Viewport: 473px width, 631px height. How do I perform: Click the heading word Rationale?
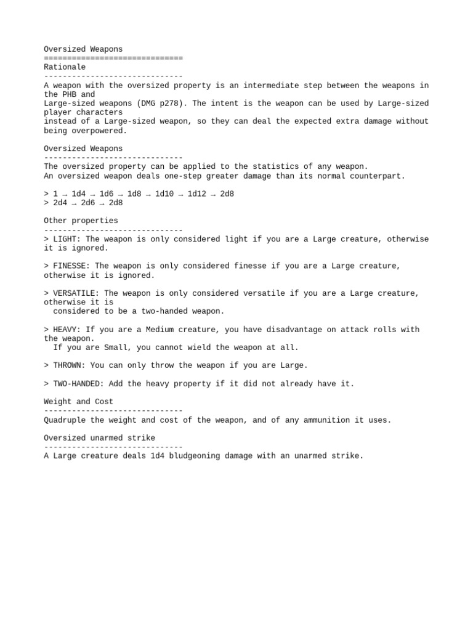point(65,67)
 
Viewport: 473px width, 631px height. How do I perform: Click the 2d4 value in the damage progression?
point(60,203)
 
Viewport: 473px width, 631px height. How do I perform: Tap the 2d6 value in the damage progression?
point(87,203)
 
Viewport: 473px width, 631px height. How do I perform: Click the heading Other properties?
point(81,221)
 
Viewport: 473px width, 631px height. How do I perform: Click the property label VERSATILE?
point(76,293)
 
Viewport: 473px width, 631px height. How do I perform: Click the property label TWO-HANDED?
point(78,384)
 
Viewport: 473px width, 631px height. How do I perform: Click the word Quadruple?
point(65,420)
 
